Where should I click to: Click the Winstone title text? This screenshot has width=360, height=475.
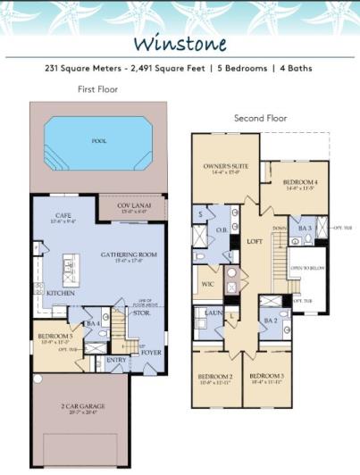click(180, 44)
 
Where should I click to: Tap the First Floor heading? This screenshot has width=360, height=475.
click(97, 89)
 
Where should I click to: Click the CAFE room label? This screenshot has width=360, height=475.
click(63, 215)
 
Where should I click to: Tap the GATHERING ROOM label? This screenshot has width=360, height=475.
click(129, 254)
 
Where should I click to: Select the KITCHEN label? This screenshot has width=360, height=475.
click(61, 293)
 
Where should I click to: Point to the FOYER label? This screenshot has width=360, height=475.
click(151, 353)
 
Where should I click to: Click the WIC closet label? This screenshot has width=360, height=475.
click(209, 285)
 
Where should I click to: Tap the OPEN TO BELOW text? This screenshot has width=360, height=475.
click(306, 268)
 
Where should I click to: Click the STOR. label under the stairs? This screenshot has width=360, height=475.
click(143, 312)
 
